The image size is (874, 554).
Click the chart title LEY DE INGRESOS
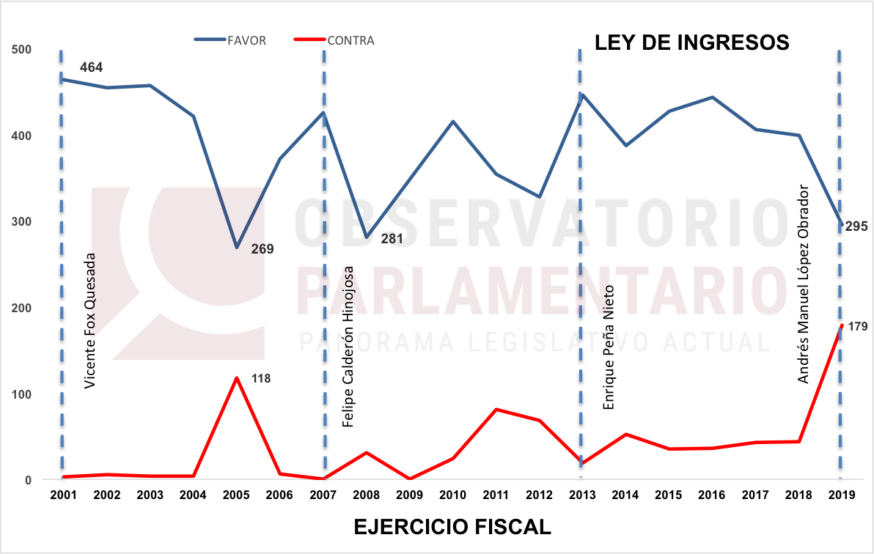[x=691, y=43]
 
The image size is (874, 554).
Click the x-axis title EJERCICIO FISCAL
[x=452, y=527]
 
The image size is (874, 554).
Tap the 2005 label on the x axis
[x=236, y=495]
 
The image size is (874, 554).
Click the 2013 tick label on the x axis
[x=581, y=495]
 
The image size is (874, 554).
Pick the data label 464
[x=91, y=67]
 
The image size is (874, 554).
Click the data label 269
[x=262, y=249]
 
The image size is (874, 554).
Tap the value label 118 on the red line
[x=261, y=379]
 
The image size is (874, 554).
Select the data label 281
[x=392, y=239]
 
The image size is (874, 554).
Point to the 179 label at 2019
[x=857, y=327]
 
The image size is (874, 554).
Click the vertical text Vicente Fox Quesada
[x=89, y=321]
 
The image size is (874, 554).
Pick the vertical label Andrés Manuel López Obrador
[x=804, y=283]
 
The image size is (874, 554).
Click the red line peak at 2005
[x=236, y=378]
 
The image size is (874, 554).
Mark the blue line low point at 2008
[x=366, y=237]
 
